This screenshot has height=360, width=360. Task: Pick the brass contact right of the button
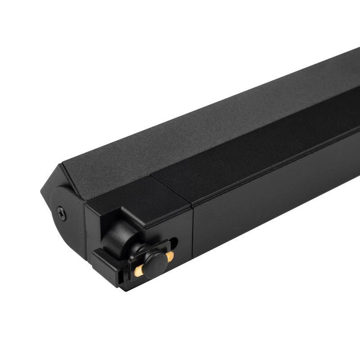170,256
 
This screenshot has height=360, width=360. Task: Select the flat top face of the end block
135,193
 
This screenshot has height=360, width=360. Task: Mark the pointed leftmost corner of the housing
41,189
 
